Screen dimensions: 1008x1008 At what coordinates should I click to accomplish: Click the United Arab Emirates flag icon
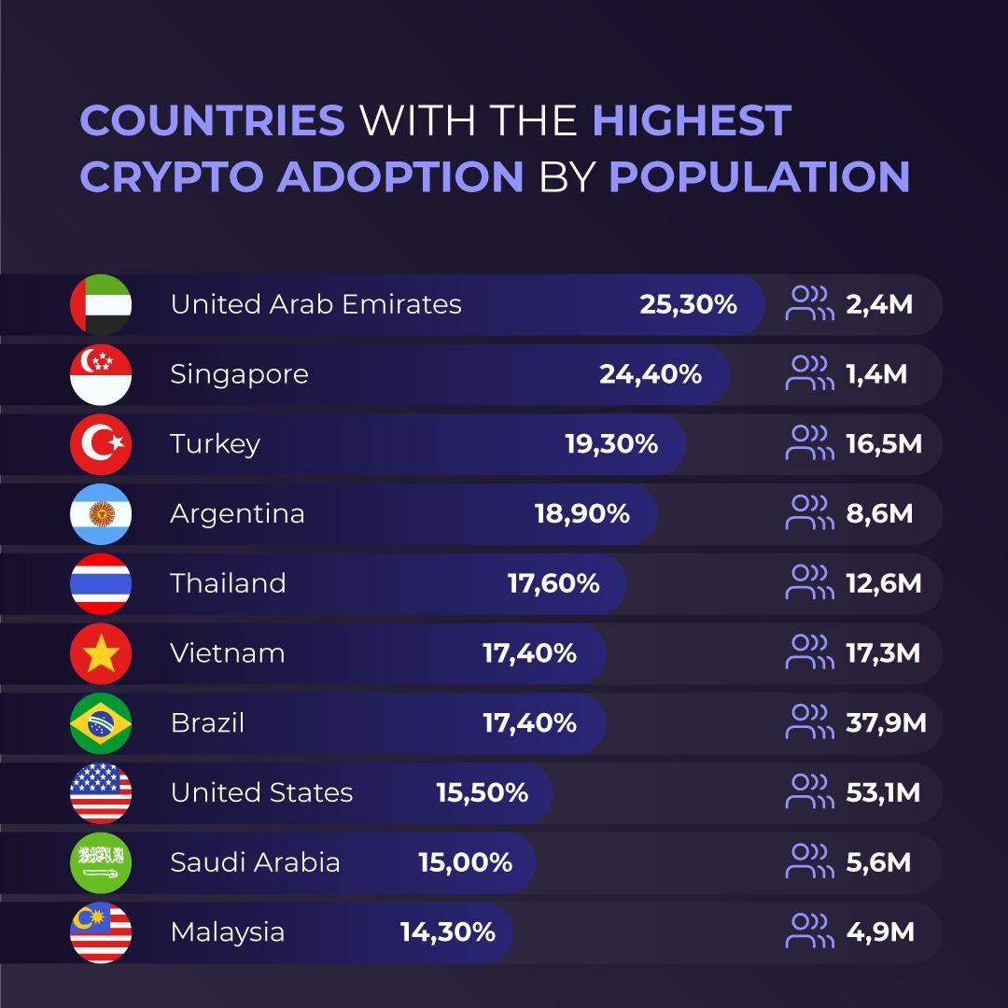[101, 304]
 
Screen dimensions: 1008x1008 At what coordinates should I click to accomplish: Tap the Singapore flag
[101, 374]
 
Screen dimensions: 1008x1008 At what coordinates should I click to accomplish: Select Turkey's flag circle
[101, 444]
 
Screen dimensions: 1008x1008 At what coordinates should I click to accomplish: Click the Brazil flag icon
[101, 723]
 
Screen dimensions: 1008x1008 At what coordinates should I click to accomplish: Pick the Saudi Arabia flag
[101, 862]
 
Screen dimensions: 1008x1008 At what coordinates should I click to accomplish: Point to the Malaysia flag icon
[101, 932]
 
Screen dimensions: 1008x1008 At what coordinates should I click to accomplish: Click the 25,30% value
[688, 304]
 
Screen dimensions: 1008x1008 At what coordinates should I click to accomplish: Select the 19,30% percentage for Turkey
[611, 444]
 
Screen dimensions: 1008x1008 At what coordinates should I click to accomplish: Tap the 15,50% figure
[482, 793]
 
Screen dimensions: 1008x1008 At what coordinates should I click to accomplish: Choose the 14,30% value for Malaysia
[447, 932]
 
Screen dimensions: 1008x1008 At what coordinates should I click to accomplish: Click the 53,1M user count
[883, 793]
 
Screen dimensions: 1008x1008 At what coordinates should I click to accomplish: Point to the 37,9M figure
[886, 723]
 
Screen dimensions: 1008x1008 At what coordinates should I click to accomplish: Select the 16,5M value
[884, 444]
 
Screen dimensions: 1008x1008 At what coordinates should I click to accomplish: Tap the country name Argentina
[237, 514]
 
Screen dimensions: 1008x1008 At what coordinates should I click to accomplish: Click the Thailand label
[228, 583]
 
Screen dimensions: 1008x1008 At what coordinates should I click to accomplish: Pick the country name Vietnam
[227, 653]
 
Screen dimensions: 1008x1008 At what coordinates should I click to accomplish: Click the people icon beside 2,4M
[809, 304]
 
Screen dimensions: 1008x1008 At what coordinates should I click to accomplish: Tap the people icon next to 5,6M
[809, 862]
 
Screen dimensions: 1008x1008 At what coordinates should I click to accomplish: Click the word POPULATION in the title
[759, 176]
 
